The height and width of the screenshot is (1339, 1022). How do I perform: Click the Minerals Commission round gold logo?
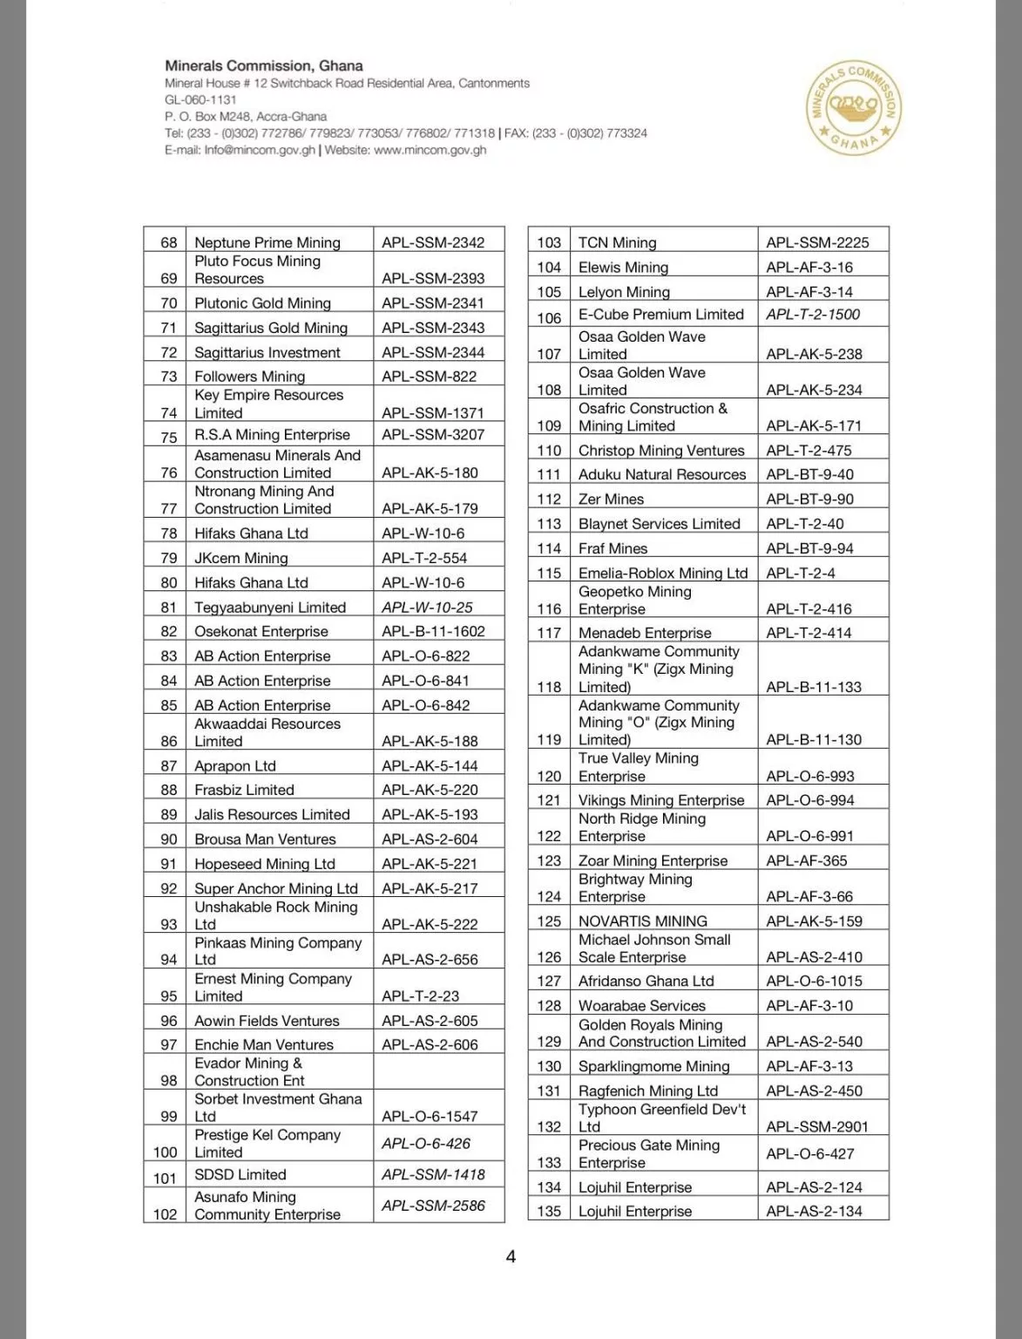coord(854,108)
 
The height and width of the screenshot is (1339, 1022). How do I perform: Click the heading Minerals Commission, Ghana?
coord(264,65)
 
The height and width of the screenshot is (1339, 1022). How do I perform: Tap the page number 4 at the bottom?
coord(511,1256)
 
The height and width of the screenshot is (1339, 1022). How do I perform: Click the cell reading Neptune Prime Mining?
coord(267,242)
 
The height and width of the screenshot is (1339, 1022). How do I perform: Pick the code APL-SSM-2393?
coord(433,278)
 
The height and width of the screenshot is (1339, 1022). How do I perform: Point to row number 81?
coord(168,607)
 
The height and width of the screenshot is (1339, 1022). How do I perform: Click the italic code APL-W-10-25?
coord(427,607)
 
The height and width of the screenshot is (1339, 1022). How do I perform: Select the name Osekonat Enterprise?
coord(261,631)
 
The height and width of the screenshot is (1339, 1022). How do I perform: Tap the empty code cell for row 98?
coord(438,1071)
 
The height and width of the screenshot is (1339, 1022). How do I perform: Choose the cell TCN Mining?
coord(618,242)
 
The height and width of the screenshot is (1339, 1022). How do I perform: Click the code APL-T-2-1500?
coord(813,314)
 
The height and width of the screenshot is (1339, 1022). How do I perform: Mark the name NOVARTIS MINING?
coord(643,921)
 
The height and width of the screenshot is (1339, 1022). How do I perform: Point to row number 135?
coord(549,1211)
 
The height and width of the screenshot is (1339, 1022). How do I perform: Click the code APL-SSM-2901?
coord(817,1126)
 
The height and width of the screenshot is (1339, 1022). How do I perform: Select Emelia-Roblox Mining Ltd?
coord(663,573)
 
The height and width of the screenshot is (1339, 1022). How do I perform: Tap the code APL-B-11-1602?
coord(433,631)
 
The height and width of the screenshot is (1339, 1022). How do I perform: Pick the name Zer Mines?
coord(612,499)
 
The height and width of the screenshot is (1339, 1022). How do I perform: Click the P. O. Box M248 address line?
coord(246,117)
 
